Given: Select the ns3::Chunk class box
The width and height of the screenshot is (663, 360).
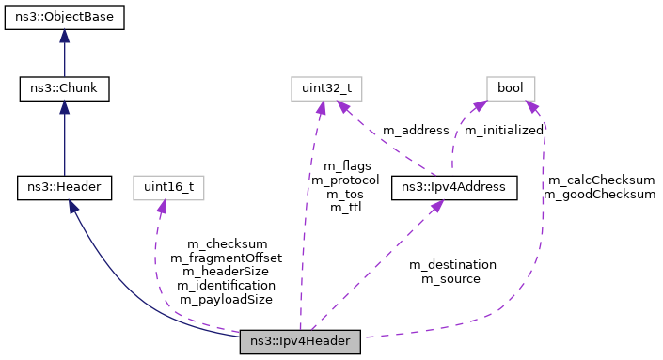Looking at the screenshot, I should pyautogui.click(x=64, y=90).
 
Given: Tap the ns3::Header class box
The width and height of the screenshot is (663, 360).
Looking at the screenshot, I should pyautogui.click(x=64, y=187).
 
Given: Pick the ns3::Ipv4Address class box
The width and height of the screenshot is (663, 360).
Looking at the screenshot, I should pyautogui.click(x=455, y=187).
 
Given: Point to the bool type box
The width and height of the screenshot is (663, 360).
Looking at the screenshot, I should pyautogui.click(x=511, y=90).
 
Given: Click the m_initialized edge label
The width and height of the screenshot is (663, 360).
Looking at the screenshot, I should pyautogui.click(x=504, y=130).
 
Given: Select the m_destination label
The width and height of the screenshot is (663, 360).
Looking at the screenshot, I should pyautogui.click(x=452, y=264).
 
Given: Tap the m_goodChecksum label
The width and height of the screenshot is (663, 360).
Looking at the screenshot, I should pyautogui.click(x=600, y=195).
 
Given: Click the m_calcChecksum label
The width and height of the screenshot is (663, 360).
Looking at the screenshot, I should pyautogui.click(x=600, y=180).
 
